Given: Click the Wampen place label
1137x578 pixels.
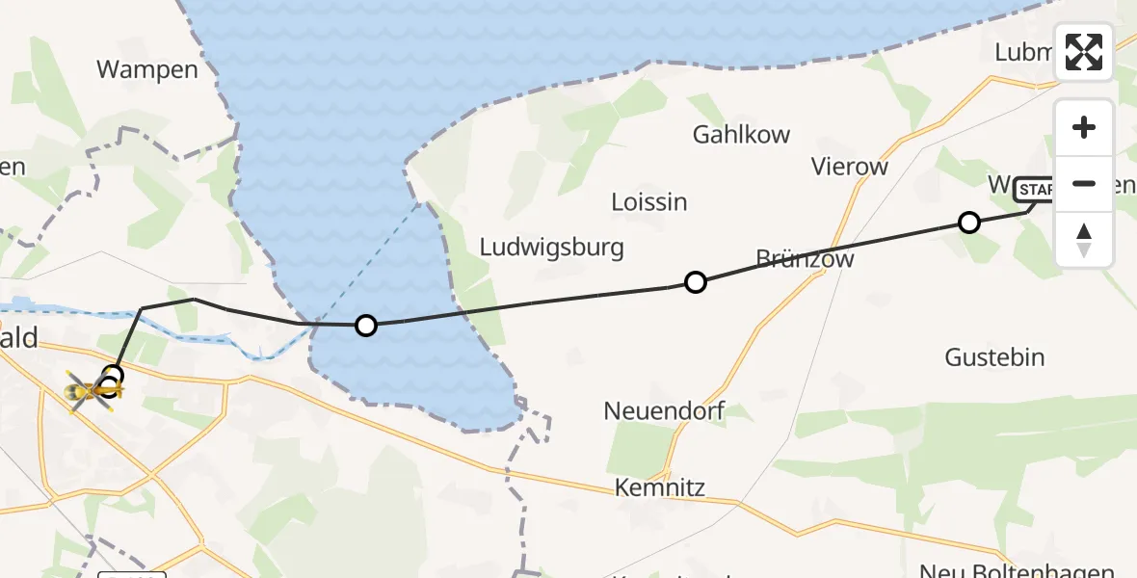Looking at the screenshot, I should pyautogui.click(x=147, y=69).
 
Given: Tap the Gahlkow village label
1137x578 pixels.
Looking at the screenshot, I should pyautogui.click(x=741, y=135).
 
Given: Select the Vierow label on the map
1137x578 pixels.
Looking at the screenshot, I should pyautogui.click(x=849, y=167).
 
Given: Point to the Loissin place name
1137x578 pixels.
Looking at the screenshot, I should pyautogui.click(x=649, y=202).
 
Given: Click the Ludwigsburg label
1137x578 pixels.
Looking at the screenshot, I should pyautogui.click(x=552, y=248).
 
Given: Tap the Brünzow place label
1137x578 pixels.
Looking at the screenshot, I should pyautogui.click(x=805, y=259).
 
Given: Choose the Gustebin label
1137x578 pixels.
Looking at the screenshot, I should pyautogui.click(x=994, y=357).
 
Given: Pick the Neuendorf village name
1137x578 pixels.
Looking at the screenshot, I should pyautogui.click(x=664, y=411).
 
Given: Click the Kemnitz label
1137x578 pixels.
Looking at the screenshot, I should pyautogui.click(x=660, y=487).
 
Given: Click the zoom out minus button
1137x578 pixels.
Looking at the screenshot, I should pyautogui.click(x=1084, y=183).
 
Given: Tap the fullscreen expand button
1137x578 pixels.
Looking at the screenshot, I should pyautogui.click(x=1084, y=52).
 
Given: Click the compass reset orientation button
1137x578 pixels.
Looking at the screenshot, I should pyautogui.click(x=1084, y=239).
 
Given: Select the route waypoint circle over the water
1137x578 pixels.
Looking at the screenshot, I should pyautogui.click(x=365, y=326).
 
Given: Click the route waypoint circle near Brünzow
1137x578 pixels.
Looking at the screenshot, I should pyautogui.click(x=695, y=282).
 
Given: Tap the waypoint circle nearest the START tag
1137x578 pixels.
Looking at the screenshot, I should pyautogui.click(x=969, y=223).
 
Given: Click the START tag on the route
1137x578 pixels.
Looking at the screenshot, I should pyautogui.click(x=1035, y=189).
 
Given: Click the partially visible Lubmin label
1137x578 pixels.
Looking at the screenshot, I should pyautogui.click(x=1024, y=53).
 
